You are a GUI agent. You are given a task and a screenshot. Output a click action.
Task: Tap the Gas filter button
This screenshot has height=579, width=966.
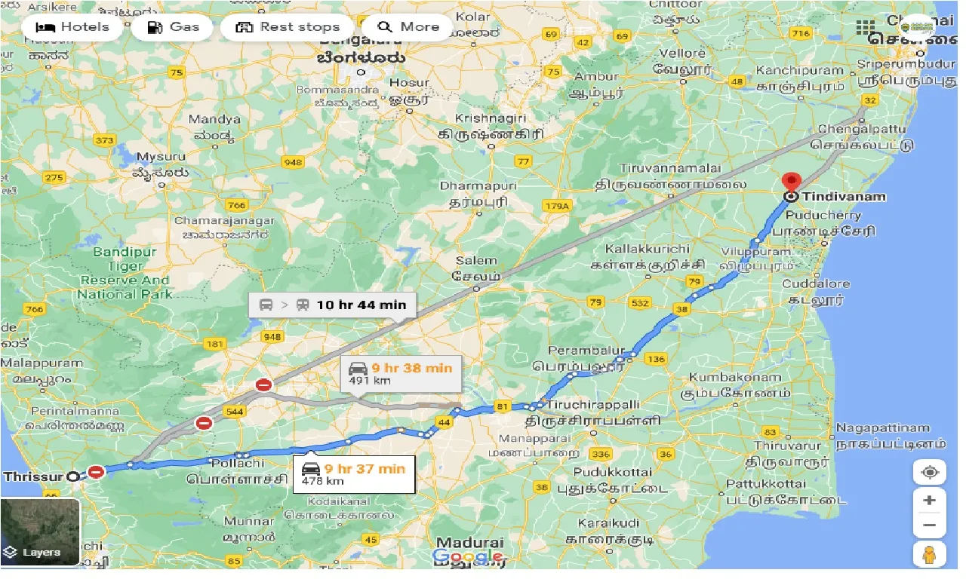(173, 27)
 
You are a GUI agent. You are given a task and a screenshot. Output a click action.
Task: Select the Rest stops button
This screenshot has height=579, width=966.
(288, 27)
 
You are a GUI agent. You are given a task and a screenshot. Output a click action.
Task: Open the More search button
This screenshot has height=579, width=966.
(408, 27)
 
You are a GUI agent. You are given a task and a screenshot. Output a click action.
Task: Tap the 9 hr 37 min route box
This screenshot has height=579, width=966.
(354, 474)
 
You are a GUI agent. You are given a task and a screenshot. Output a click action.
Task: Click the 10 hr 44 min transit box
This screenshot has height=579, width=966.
(333, 305)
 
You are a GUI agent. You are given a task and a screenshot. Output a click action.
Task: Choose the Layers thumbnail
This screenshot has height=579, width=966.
(40, 532)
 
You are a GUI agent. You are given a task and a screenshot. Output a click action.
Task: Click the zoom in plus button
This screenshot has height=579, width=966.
(929, 501)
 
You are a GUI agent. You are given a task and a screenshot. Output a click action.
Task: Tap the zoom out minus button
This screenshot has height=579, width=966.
(929, 525)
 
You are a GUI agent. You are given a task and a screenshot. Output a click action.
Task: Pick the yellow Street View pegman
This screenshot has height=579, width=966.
(929, 554)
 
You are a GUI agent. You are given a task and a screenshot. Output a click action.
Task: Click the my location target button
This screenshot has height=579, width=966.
(929, 472)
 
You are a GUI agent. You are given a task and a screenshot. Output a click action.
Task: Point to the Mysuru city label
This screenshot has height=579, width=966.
(161, 157)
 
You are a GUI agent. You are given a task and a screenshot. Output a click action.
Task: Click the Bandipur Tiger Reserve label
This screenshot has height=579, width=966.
(125, 273)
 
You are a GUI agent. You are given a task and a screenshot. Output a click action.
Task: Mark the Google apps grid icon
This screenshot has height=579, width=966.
(866, 28)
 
